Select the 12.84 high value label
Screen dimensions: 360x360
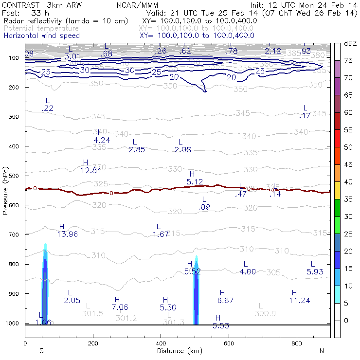point(91,170)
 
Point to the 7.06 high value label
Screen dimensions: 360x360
point(120,307)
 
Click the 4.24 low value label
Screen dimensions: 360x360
point(102,140)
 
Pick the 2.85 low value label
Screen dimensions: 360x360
point(137,149)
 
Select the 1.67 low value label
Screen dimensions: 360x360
point(161,234)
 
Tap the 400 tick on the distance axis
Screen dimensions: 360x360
point(161,343)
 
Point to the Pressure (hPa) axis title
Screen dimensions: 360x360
point(5,190)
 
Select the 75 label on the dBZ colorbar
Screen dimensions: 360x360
point(348,60)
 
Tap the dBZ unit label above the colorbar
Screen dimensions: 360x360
point(350,43)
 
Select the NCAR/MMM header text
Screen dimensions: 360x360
point(134,4)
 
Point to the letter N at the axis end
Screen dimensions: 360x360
point(322,351)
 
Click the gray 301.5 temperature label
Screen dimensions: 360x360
point(92,314)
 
